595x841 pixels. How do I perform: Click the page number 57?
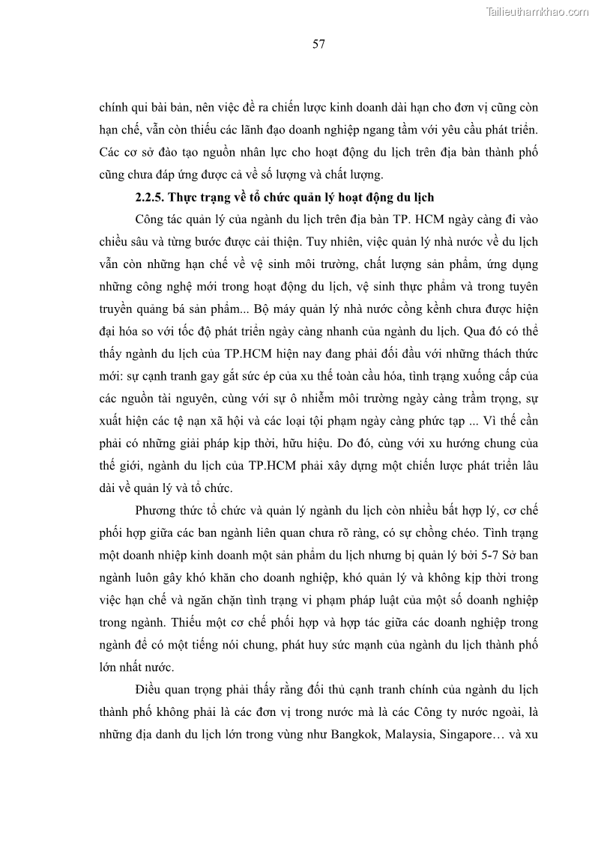(318, 44)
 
